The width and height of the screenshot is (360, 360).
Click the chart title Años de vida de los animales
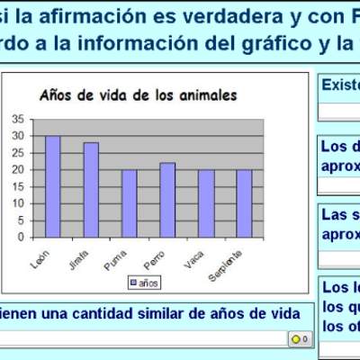coord(137,95)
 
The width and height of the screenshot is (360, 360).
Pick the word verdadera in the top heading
coord(184,17)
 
